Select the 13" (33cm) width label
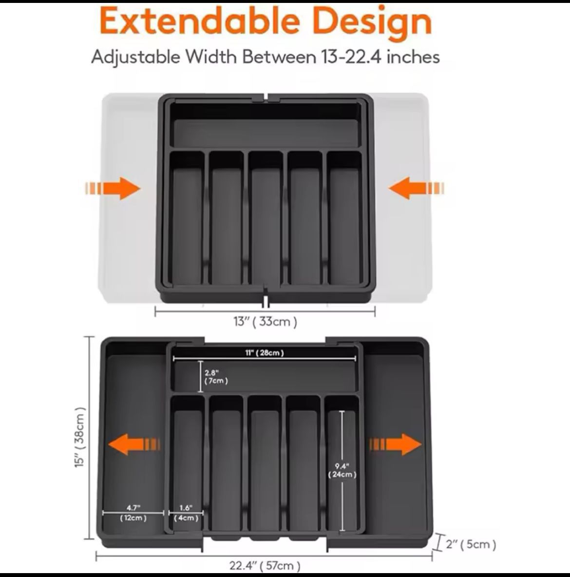(x=265, y=322)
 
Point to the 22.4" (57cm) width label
(x=265, y=565)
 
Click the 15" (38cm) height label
(x=80, y=438)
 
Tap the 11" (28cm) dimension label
(x=265, y=353)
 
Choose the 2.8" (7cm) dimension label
(x=216, y=377)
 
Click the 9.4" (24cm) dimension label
(x=342, y=470)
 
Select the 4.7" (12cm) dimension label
(x=133, y=513)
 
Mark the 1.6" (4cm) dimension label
(x=186, y=513)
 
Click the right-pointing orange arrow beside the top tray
(x=113, y=189)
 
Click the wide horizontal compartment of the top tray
(x=266, y=132)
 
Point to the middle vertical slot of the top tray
(x=266, y=219)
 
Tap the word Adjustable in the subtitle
(x=135, y=57)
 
